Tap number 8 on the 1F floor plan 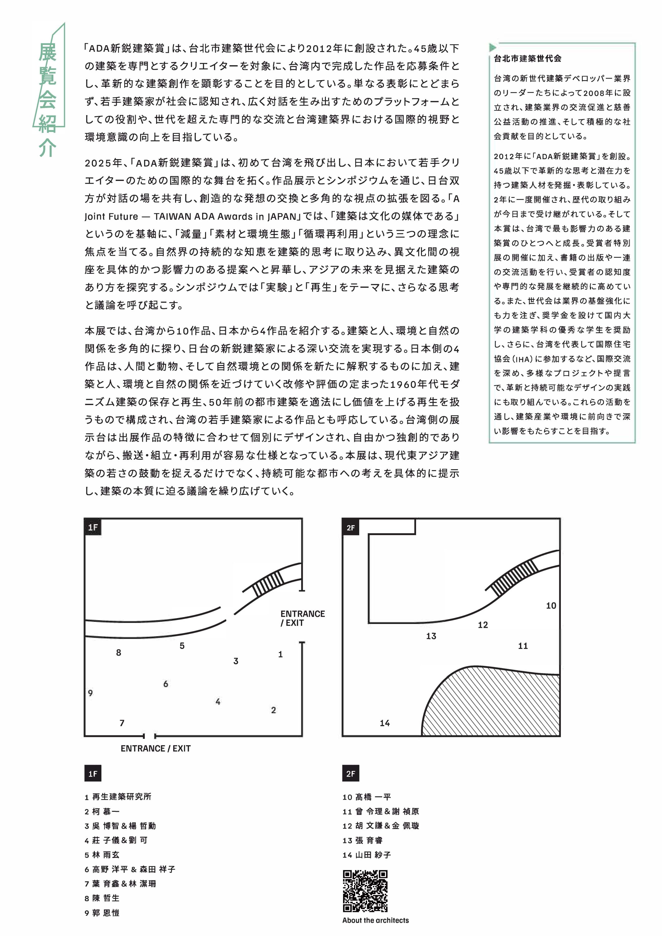118,653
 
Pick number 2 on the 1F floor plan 273,710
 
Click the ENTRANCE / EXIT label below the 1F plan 155,748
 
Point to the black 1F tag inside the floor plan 93,527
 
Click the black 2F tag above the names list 351,773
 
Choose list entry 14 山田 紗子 367,855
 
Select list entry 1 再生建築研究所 118,797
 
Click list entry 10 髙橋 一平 367,797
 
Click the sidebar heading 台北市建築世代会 527,58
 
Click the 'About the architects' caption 375,920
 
